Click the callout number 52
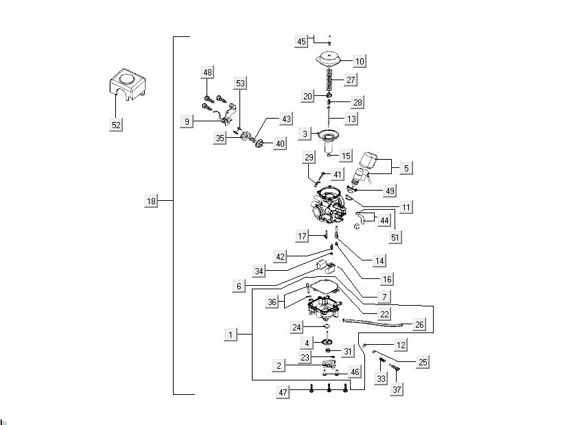tap(117, 125)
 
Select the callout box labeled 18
tap(152, 201)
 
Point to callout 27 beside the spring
tap(351, 80)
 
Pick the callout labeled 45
tap(302, 42)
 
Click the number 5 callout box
tap(406, 167)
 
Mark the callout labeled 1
tap(233, 335)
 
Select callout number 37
tap(397, 389)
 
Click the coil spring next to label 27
tap(331, 80)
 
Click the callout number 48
tap(207, 72)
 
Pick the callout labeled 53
tap(240, 84)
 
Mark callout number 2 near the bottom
tap(279, 366)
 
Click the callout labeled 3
tap(305, 133)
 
